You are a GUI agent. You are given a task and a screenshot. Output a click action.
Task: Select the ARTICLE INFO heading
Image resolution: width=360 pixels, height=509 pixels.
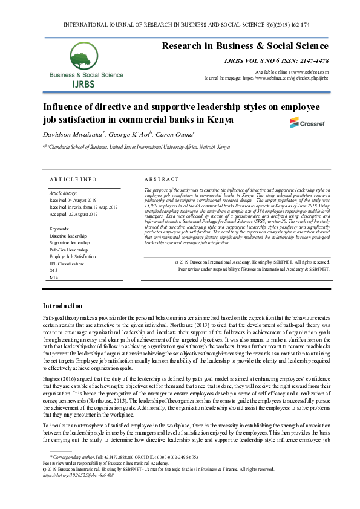[73, 180]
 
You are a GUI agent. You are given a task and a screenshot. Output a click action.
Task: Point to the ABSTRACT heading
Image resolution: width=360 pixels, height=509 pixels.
[162, 180]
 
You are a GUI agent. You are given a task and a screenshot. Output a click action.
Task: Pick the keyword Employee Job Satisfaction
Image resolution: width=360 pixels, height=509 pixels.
[73, 256]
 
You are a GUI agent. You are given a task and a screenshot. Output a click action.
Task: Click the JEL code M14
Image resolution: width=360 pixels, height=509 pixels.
[54, 277]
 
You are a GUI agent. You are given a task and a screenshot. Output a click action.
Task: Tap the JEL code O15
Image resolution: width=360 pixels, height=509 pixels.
[53, 270]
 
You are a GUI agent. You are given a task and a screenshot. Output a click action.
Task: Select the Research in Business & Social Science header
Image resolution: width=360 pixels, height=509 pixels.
[245, 46]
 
